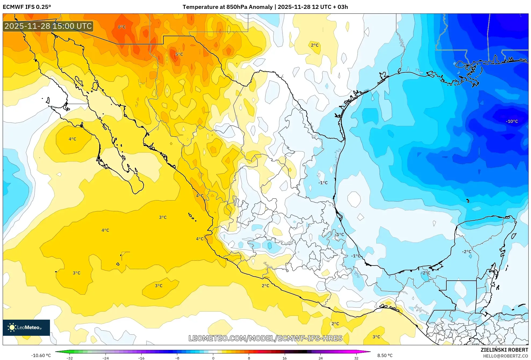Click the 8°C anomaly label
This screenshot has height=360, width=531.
[x=122, y=27]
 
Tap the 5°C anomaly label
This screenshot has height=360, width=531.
[x=179, y=54]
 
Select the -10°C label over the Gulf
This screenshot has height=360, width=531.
[x=512, y=121]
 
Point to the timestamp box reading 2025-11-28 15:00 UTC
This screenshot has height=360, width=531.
[x=48, y=26]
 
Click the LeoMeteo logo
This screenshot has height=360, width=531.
[x=26, y=327]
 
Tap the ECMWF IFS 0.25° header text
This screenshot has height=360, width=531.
[x=27, y=7]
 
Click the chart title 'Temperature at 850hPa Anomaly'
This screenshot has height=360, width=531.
[x=227, y=7]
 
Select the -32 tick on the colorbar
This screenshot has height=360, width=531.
[x=70, y=358]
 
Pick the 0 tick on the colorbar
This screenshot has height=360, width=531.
[x=213, y=358]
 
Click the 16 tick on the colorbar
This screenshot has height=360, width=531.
[x=285, y=358]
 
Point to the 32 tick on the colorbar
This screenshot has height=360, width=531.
[x=356, y=358]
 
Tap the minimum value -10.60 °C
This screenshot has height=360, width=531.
[x=41, y=355]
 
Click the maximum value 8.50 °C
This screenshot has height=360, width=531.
[x=385, y=355]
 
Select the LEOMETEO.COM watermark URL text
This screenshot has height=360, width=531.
[x=265, y=338]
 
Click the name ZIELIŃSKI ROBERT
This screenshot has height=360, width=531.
[x=504, y=350]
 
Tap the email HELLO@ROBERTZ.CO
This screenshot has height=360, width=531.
[x=505, y=356]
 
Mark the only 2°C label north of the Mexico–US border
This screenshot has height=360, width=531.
[x=315, y=45]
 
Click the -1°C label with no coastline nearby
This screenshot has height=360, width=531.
[x=323, y=183]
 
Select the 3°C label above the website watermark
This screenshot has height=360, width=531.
[x=376, y=337]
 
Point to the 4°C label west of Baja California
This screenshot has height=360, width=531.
[x=72, y=139]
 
